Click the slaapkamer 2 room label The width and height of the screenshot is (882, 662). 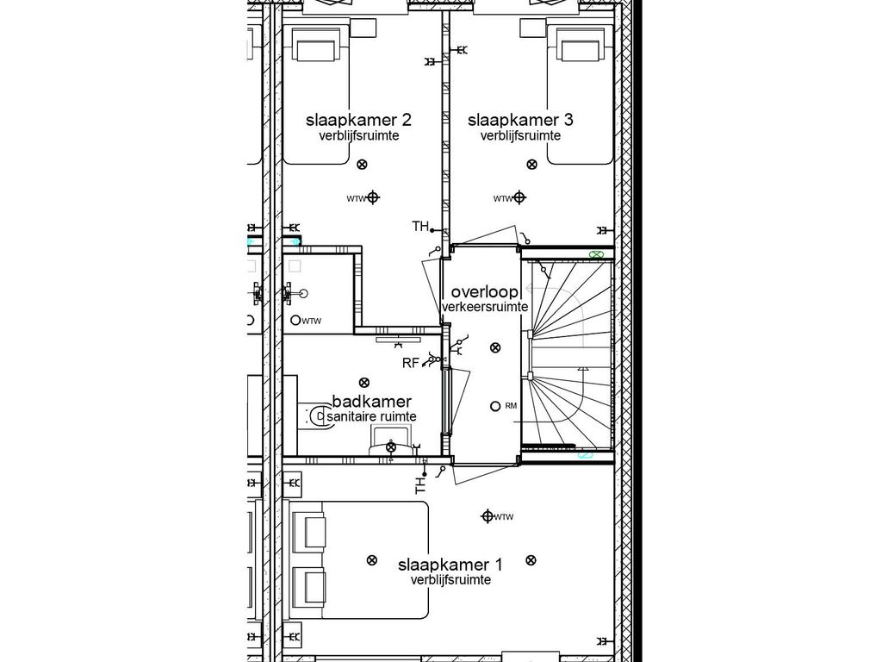point(358,120)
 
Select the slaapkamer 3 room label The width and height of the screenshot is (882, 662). point(520,120)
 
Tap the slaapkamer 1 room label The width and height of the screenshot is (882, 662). point(450,565)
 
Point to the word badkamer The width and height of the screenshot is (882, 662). point(371,402)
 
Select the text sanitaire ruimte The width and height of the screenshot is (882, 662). point(371,416)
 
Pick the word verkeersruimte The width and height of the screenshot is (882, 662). point(485,307)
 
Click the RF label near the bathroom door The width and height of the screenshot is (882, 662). point(410,363)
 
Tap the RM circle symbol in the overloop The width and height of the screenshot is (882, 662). point(494,406)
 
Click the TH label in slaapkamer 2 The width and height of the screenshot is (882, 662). point(420,227)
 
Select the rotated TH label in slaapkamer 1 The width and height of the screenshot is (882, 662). point(421,484)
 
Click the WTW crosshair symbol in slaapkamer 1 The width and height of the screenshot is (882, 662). point(488,516)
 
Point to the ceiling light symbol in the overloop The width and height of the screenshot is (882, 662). point(494,348)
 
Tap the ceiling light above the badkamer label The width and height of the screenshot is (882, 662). point(364,382)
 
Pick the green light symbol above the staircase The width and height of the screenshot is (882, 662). point(596,255)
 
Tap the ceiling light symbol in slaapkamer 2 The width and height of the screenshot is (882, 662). point(362,164)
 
